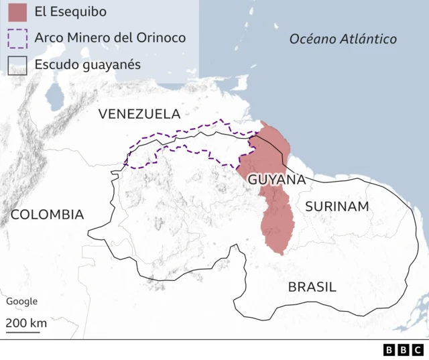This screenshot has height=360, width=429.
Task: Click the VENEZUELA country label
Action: (x=139, y=114)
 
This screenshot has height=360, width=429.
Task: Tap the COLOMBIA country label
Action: (x=47, y=215)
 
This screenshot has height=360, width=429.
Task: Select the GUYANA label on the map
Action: (x=277, y=180)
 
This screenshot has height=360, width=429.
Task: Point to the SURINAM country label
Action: (x=337, y=206)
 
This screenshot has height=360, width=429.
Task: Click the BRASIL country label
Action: (x=312, y=287)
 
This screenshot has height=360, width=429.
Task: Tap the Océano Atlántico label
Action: (x=343, y=39)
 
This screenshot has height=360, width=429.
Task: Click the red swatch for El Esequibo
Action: (x=18, y=12)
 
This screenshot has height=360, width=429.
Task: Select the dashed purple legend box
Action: (x=18, y=38)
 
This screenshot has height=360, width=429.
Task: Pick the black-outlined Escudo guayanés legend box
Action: (x=18, y=65)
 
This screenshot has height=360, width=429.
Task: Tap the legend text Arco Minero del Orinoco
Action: (x=109, y=38)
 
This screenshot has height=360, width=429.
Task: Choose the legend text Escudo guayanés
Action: (x=89, y=65)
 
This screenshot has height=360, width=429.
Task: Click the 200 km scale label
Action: (x=27, y=322)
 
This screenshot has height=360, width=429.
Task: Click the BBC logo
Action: (x=404, y=349)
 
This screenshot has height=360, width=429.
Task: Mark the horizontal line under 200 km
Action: (x=23, y=332)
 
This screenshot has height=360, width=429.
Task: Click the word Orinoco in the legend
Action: (x=162, y=38)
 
